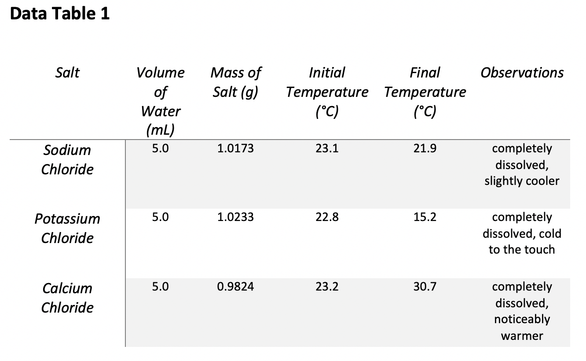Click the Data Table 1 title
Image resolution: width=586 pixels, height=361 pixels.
[60, 14]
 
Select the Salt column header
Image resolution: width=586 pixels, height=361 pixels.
[67, 72]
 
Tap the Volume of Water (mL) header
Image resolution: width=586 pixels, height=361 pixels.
[161, 101]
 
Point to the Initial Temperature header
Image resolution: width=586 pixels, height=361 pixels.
[327, 92]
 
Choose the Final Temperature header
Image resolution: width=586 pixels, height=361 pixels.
[425, 92]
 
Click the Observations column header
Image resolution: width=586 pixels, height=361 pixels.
[522, 72]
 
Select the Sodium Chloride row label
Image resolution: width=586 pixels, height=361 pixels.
[67, 159]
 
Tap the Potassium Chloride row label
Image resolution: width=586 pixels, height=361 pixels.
[67, 228]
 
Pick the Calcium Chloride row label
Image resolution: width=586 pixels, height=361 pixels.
[67, 298]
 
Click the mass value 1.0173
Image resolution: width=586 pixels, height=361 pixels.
[235, 149]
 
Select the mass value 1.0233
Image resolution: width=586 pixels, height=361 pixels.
[235, 217]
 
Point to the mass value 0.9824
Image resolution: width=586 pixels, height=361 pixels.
[235, 287]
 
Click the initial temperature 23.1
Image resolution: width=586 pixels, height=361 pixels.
[327, 149]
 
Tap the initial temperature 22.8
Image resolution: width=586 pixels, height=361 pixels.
[327, 217]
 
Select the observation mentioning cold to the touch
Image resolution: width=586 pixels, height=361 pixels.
[522, 233]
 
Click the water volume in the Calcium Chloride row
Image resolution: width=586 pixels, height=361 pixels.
[160, 287]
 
